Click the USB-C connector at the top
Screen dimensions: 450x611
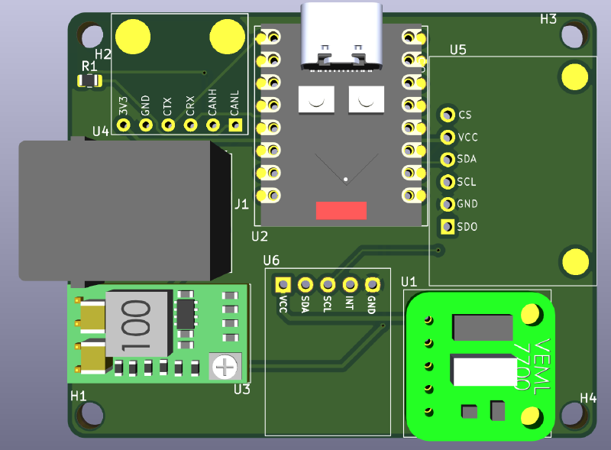[x=341, y=34]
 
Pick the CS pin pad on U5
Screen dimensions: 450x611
[x=447, y=115]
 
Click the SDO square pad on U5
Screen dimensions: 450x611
[x=447, y=226]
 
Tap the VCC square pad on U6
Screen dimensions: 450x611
[x=283, y=284]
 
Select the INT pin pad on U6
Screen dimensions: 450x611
[x=350, y=284]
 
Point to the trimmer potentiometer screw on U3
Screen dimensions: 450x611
[x=225, y=367]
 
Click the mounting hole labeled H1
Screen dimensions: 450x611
[x=90, y=415]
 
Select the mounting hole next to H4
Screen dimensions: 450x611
[x=573, y=415]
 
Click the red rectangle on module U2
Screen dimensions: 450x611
[x=341, y=211]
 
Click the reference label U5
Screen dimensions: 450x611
[x=457, y=50]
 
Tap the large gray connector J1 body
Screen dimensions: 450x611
[x=115, y=210]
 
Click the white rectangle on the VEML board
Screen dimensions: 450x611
[x=484, y=371]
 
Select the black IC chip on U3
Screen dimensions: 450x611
[x=186, y=314]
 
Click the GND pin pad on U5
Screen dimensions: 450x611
[x=447, y=204]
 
